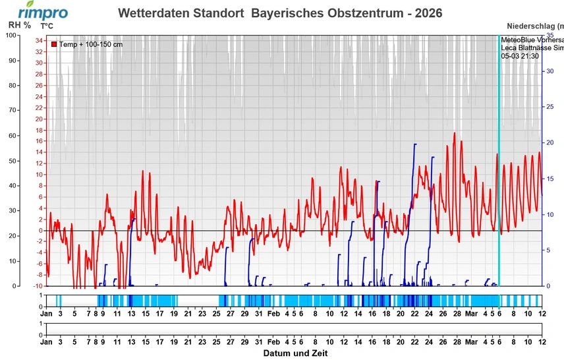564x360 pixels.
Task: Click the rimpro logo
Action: (42, 11)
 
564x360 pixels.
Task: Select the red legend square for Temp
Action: (54, 44)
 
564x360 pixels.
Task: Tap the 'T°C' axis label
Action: (47, 26)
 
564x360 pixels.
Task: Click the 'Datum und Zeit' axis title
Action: (295, 353)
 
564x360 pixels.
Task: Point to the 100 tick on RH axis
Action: (11, 35)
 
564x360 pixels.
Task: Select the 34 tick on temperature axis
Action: (39, 40)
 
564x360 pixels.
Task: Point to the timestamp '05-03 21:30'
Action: (520, 56)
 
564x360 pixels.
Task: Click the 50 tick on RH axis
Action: (13, 161)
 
